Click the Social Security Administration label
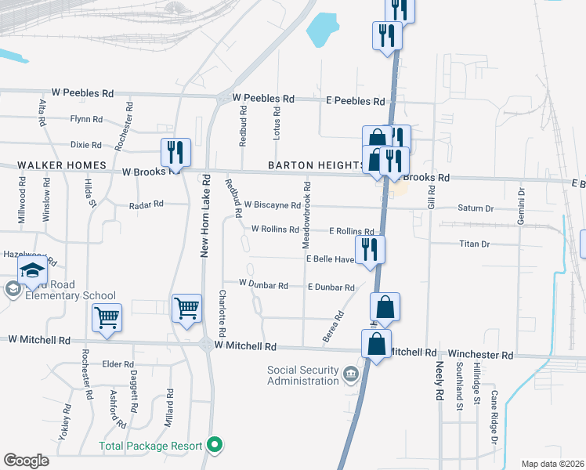(304, 375)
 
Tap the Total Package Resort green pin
(217, 446)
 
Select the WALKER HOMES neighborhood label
(53, 165)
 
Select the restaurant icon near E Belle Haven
(368, 249)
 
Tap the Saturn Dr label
(476, 208)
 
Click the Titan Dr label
(474, 244)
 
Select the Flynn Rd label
(86, 119)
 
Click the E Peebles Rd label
(356, 102)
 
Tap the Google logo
(26, 461)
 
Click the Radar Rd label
(146, 204)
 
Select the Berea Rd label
(333, 327)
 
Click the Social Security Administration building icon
(352, 372)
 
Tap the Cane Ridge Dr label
(494, 407)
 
